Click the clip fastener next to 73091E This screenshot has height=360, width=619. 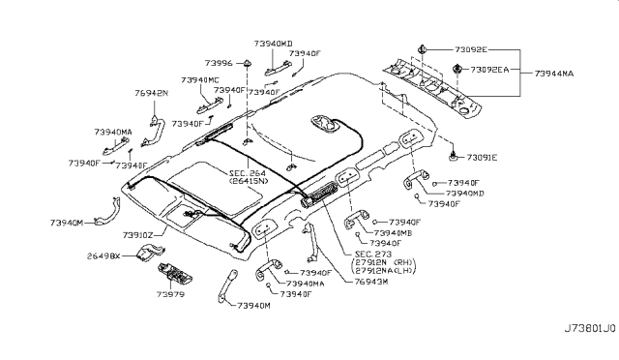coord(454,155)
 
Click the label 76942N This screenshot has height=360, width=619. coord(150,93)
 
